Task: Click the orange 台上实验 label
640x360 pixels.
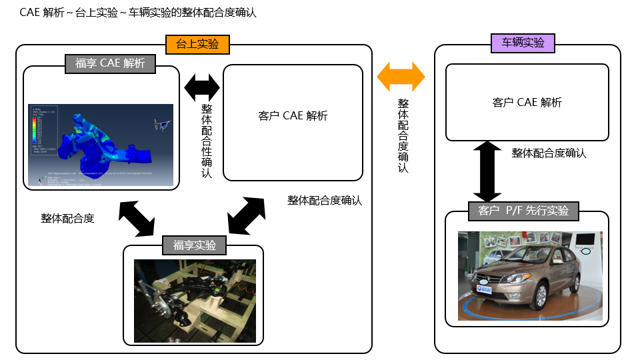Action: (x=197, y=45)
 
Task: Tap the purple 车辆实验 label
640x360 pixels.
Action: (x=523, y=43)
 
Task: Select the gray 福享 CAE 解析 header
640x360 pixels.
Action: (x=110, y=63)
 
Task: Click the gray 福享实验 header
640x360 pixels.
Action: (x=195, y=245)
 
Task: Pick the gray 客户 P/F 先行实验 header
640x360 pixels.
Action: (x=523, y=211)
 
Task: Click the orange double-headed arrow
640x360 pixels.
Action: (x=401, y=77)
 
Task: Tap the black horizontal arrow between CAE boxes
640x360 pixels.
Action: (x=201, y=86)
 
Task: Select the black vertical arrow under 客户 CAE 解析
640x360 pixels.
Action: (x=487, y=171)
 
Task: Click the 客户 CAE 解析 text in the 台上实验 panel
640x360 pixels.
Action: (x=293, y=116)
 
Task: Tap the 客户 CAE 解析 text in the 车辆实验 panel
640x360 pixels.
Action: (x=527, y=102)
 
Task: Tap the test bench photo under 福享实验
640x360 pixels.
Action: (x=195, y=300)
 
